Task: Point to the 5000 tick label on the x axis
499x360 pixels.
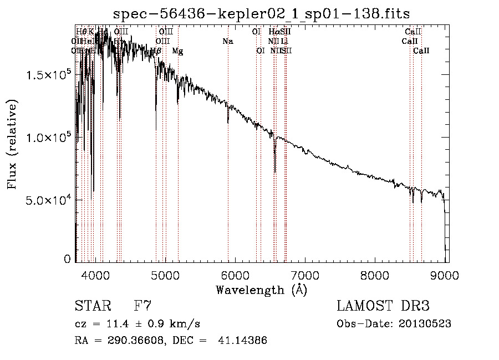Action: [165, 274]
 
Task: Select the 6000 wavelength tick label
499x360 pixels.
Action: [235, 274]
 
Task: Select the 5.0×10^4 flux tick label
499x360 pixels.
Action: [49, 200]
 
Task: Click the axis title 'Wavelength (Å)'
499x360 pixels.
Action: [261, 290]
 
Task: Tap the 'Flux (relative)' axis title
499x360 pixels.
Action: [12, 144]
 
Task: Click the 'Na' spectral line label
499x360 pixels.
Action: [228, 41]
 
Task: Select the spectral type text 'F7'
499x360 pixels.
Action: [142, 306]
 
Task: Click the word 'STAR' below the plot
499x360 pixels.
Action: [92, 306]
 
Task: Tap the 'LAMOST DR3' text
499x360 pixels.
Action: [383, 306]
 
